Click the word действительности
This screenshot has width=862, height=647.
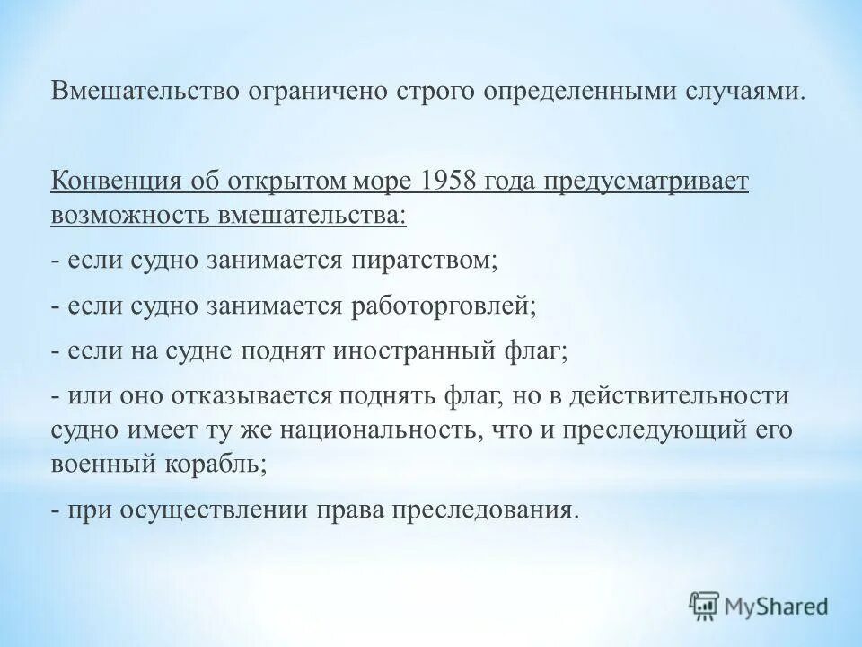pos(688,396)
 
